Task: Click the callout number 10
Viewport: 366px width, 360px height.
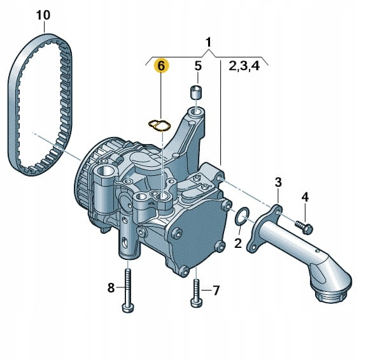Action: coord(43,15)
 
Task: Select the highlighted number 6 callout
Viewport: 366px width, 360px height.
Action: coord(162,66)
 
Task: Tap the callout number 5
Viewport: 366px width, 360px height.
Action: coord(198,66)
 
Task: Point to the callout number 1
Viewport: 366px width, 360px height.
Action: coord(208,42)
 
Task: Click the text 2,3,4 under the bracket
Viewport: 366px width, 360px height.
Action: coord(244,66)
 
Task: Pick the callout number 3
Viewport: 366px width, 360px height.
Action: coord(278,182)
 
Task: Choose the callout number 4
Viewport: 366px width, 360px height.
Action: coord(305,198)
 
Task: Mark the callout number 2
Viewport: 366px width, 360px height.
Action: coord(238,243)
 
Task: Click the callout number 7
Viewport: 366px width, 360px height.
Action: coord(216,291)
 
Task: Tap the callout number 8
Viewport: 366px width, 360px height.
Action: coord(111,287)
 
